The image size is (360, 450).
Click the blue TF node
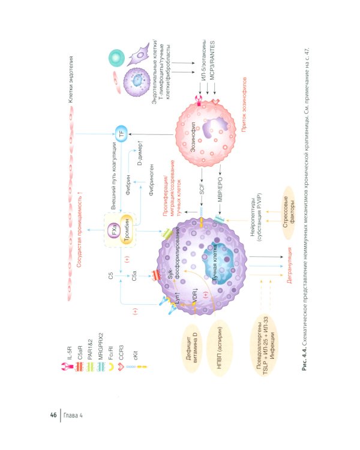(121, 134)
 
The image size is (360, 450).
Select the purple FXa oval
(114, 230)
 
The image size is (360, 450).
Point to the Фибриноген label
(151, 180)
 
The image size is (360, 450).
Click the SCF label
(202, 188)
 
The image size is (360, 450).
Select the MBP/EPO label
(220, 190)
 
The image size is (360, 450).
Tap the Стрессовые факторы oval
(289, 212)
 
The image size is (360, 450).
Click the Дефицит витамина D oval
(191, 348)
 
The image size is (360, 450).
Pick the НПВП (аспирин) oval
(220, 348)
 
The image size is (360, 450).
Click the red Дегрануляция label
(289, 265)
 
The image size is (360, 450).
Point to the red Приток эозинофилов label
(244, 105)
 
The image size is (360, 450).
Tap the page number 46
(53, 415)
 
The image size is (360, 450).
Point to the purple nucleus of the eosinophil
(215, 127)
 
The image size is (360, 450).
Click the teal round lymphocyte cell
(116, 57)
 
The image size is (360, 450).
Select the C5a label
(134, 276)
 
